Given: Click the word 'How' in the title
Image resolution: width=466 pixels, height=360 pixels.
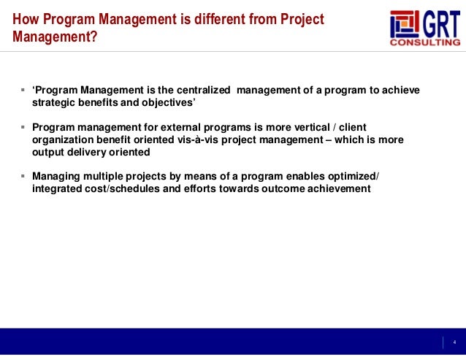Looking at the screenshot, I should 25,19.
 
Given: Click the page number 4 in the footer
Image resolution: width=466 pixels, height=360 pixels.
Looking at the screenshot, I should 454,342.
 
